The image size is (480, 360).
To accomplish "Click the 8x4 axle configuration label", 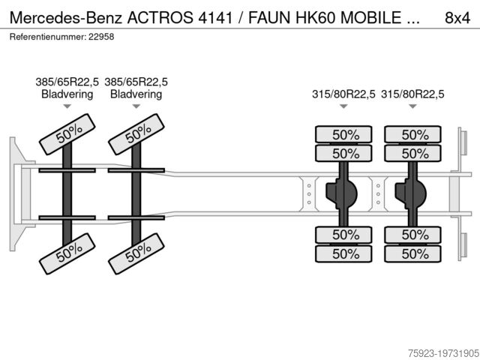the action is tap(457, 18).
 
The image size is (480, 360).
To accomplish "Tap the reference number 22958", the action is tap(101, 37).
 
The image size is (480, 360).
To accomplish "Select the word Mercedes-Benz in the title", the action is tap(66, 18).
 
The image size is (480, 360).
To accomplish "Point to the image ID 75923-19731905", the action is tap(443, 353).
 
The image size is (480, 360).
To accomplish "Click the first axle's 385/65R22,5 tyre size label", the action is tap(67, 82).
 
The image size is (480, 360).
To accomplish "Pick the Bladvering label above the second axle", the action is tap(136, 94).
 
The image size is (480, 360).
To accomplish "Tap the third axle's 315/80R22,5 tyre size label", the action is tap(343, 94).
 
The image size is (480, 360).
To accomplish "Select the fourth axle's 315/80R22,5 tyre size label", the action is tap(412, 94).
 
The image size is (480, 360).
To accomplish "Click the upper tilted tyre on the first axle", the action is tap(67, 134).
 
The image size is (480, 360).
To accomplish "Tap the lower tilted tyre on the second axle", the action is tap(136, 253).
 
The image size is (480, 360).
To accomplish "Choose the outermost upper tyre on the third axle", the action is tap(343, 134).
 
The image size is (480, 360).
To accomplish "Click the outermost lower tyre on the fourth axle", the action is tap(413, 253).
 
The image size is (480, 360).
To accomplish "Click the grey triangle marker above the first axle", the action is tap(67, 106).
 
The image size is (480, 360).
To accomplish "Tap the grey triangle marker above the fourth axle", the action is tap(412, 106).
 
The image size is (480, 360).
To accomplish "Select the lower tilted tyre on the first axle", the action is tap(67, 253).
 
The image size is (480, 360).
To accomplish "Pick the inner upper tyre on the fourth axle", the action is tap(413, 153).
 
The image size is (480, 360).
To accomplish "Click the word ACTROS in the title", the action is tap(160, 18).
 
